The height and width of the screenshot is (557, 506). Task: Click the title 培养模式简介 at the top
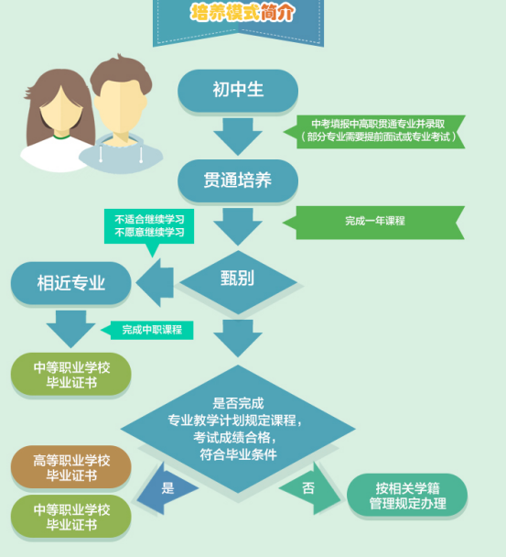(x=242, y=13)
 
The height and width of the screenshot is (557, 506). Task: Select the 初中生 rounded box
(x=238, y=90)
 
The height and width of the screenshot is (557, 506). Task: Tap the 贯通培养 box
(x=238, y=180)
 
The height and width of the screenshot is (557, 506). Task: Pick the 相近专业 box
(x=71, y=283)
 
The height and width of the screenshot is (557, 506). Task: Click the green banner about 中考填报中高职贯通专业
(x=374, y=131)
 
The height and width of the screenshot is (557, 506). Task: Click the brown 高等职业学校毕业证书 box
(x=71, y=467)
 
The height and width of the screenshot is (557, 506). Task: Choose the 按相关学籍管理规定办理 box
(x=407, y=495)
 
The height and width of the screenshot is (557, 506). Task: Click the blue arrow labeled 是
(x=167, y=488)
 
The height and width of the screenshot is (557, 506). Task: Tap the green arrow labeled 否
(x=309, y=488)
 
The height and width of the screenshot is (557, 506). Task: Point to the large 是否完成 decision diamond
(x=238, y=429)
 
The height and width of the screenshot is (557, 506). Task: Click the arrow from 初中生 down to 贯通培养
(x=238, y=137)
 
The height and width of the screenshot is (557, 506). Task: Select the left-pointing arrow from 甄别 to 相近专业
(x=155, y=283)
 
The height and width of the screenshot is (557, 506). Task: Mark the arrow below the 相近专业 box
(x=71, y=329)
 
